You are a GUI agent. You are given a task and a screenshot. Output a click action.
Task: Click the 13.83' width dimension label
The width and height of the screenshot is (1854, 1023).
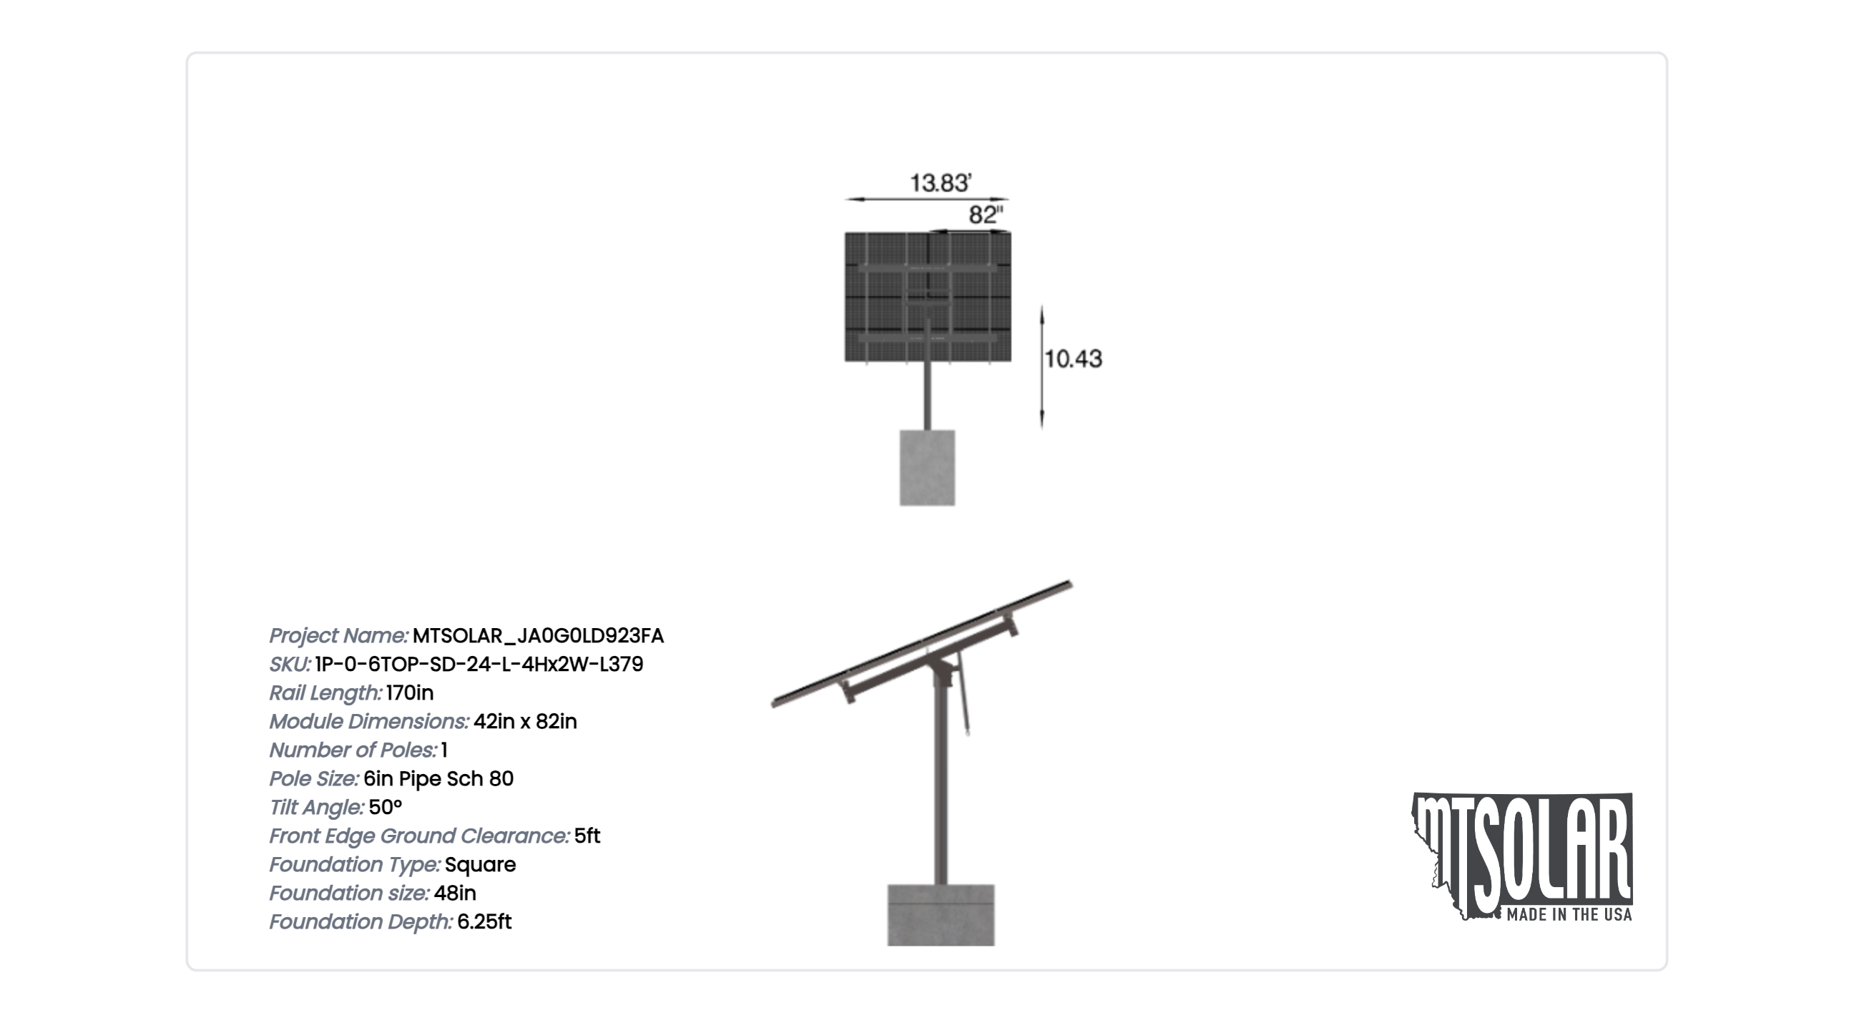(x=941, y=183)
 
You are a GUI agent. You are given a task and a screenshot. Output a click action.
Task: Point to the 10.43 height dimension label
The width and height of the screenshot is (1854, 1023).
(x=1073, y=358)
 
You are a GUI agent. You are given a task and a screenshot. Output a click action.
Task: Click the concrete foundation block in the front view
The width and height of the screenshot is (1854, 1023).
(x=927, y=468)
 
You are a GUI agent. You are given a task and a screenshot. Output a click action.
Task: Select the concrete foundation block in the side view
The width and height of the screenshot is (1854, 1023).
(x=941, y=915)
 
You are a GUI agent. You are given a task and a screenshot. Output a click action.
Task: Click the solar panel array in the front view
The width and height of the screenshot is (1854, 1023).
(x=928, y=297)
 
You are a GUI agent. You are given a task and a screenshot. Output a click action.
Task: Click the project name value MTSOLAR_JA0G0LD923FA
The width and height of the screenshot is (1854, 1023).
(x=539, y=636)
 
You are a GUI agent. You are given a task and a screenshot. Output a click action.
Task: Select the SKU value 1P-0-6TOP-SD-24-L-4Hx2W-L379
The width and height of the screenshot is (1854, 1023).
(x=479, y=664)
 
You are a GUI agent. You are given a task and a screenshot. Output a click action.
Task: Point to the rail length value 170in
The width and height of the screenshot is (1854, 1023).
(x=410, y=692)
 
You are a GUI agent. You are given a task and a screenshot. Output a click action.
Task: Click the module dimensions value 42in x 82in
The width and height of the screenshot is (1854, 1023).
(x=526, y=721)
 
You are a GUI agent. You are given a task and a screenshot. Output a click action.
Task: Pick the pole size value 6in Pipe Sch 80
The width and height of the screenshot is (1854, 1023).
(x=438, y=778)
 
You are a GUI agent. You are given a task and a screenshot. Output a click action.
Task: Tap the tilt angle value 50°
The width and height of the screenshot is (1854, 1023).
(x=385, y=807)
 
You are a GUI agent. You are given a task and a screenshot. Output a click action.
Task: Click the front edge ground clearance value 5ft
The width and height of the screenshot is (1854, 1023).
(x=587, y=836)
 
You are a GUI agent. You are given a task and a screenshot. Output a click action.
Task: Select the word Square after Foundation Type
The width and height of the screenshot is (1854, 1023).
(x=480, y=865)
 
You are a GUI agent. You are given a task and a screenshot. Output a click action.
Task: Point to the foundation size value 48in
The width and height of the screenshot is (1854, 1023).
(x=455, y=893)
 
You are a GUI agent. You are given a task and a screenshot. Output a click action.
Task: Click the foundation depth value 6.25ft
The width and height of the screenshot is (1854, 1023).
(x=484, y=921)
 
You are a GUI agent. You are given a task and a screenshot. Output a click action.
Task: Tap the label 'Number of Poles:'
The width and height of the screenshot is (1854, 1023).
(x=353, y=750)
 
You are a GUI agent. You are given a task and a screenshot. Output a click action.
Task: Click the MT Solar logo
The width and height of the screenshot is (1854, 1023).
(x=1522, y=857)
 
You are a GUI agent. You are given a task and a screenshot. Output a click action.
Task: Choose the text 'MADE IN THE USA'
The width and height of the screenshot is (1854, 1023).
(x=1569, y=915)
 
